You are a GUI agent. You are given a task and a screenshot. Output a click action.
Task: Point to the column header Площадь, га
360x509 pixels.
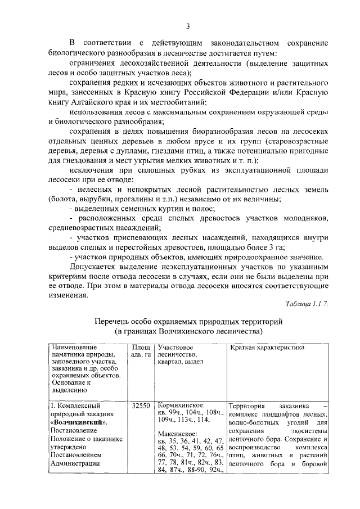point(141,352)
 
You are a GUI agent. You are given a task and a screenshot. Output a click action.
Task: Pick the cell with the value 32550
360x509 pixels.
point(141,404)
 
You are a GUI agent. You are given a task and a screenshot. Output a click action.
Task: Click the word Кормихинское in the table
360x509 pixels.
point(181,404)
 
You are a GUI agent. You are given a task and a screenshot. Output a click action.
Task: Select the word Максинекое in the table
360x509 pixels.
point(177,434)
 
